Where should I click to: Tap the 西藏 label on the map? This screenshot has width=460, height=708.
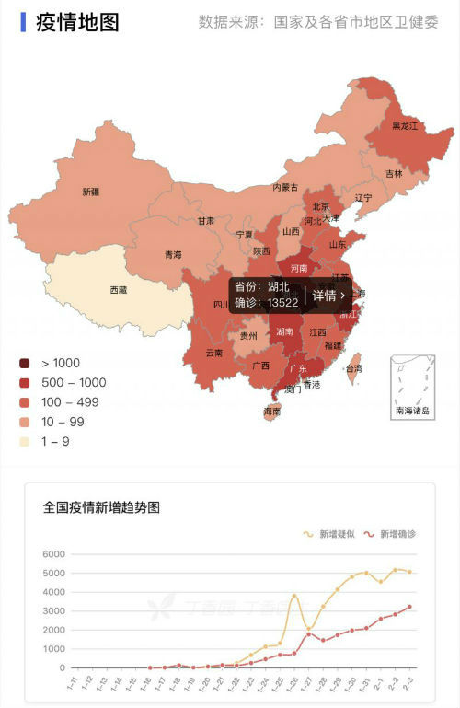[119, 290]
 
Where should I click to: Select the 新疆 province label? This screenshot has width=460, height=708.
[90, 192]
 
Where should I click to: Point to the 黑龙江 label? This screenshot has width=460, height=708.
[405, 125]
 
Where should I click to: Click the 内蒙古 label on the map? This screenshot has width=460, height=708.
[285, 187]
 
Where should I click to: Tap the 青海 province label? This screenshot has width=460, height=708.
[173, 255]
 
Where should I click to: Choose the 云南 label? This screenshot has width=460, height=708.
[213, 353]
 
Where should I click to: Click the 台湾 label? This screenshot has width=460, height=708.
[353, 368]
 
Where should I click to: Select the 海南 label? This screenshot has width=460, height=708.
[271, 412]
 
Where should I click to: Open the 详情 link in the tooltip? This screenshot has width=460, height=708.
[328, 296]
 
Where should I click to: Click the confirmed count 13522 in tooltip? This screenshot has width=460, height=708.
[282, 303]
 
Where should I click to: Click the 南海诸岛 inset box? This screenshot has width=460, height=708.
[411, 387]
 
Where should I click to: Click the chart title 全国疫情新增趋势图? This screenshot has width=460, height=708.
[101, 507]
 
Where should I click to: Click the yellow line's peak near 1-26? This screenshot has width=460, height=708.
[293, 596]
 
